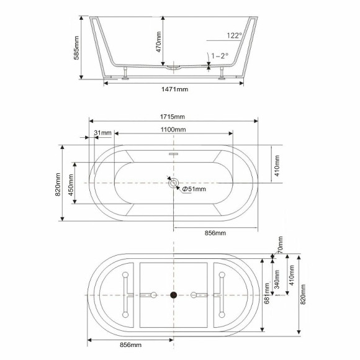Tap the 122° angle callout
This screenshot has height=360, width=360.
(217, 36)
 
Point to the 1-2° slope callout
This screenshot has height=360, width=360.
(219, 56)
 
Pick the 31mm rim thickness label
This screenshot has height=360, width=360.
(102, 133)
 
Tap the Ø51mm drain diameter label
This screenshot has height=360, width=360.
(194, 189)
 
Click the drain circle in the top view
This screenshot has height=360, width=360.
(174, 183)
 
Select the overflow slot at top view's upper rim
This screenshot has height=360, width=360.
(174, 152)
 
